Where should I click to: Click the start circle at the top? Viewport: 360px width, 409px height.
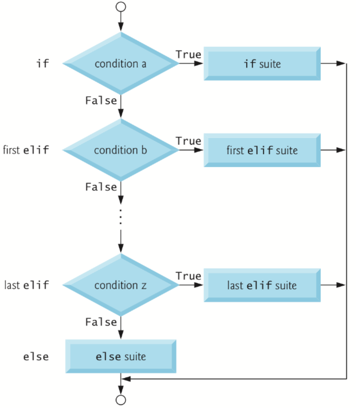pyautogui.click(x=121, y=6)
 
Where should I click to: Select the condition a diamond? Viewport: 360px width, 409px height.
pyautogui.click(x=121, y=64)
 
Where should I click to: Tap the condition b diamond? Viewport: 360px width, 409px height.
pyautogui.click(x=121, y=150)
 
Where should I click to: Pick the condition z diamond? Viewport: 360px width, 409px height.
pyautogui.click(x=121, y=285)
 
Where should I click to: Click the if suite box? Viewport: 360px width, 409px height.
pyautogui.click(x=262, y=64)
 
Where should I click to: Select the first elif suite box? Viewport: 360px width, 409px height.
pyautogui.click(x=262, y=150)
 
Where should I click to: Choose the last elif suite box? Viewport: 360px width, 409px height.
pyautogui.click(x=262, y=285)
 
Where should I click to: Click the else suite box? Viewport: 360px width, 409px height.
pyautogui.click(x=121, y=356)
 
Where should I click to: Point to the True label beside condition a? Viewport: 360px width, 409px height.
pyautogui.click(x=188, y=55)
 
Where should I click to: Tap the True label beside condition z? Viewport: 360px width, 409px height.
pyautogui.click(x=188, y=276)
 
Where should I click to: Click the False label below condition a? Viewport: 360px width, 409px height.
pyautogui.click(x=101, y=100)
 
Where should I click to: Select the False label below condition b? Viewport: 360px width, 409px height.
pyautogui.click(x=101, y=187)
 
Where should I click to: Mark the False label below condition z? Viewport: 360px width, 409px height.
pyautogui.click(x=101, y=322)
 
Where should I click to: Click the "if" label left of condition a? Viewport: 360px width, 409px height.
pyautogui.click(x=43, y=64)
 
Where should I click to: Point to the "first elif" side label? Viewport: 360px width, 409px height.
pyautogui.click(x=26, y=150)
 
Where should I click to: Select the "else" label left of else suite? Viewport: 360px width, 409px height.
pyautogui.click(x=36, y=356)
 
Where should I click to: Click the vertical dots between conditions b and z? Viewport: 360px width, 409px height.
pyautogui.click(x=121, y=216)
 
